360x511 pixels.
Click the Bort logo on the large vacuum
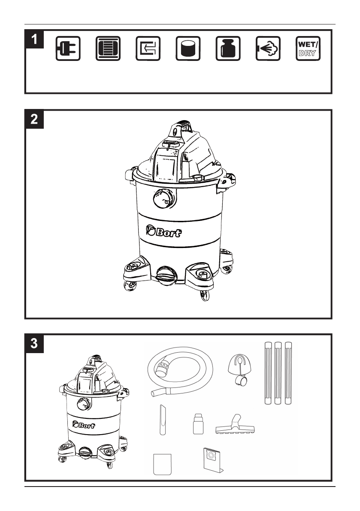164,232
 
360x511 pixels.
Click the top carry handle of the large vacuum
182,126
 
